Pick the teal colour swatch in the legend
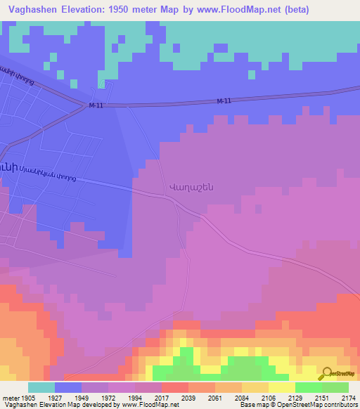tap(41, 387)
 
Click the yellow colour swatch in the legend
tap(281, 387)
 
